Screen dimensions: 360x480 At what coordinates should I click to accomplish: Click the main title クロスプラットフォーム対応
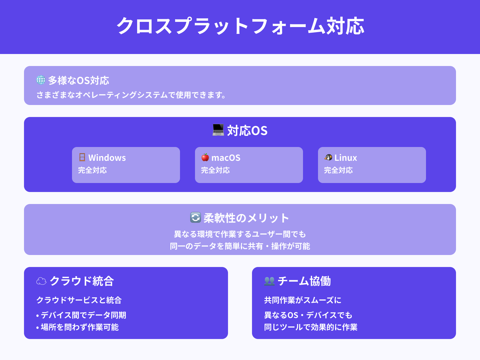240,26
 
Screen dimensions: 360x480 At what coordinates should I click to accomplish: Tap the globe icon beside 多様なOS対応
41,80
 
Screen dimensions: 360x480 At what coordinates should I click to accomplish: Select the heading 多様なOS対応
79,80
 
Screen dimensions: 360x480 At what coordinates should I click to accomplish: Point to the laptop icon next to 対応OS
218,130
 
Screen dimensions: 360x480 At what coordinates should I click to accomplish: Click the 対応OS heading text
247,131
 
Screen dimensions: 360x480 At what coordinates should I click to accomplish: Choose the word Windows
107,158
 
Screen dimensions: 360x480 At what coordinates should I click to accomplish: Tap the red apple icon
205,157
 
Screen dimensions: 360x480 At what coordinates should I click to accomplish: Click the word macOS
226,158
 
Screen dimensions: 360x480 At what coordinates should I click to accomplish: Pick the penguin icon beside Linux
328,157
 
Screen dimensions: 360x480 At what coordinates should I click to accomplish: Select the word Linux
346,158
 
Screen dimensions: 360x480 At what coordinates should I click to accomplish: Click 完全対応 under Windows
92,170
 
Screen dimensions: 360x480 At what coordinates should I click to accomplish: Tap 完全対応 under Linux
338,170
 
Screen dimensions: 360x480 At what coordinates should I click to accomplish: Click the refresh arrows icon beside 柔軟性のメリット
196,217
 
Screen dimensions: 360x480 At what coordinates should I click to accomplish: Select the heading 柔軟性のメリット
246,218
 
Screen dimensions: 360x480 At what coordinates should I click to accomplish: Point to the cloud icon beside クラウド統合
41,281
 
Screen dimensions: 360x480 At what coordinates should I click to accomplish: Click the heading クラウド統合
82,281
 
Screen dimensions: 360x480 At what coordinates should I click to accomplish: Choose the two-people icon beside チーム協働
269,281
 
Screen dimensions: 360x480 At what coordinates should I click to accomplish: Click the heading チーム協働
304,281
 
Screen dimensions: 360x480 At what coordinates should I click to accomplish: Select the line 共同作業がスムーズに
303,300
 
